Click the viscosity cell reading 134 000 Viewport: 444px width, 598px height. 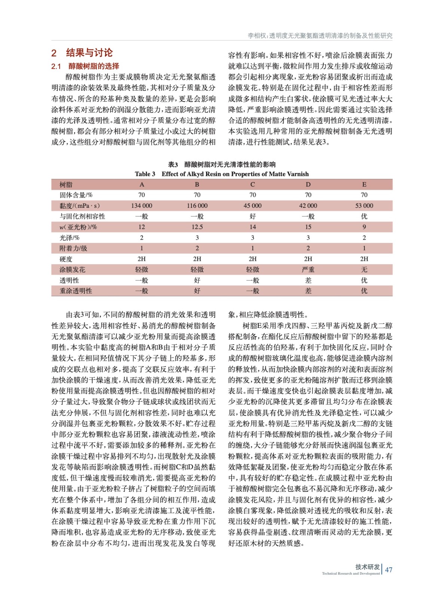click(141, 206)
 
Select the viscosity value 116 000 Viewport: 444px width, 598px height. click(197, 206)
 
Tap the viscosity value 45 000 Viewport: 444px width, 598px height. click(252, 206)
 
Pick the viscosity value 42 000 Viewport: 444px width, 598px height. click(308, 206)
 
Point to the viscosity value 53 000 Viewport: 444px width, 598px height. click(364, 206)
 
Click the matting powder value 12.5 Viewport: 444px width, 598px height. click(197, 227)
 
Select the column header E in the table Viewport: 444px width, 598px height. click(364, 184)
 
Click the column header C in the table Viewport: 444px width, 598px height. click(252, 184)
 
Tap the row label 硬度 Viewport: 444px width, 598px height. click(66, 259)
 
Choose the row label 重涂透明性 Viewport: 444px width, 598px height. click(76, 291)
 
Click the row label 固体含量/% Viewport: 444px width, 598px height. click(76, 195)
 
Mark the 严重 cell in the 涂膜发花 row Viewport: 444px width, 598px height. click(308, 269)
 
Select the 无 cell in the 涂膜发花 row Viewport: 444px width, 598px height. click(364, 269)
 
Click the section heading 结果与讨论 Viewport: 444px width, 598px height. click(89, 53)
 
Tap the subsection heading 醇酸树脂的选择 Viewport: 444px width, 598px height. click(94, 66)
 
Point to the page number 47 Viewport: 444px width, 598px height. click(389, 570)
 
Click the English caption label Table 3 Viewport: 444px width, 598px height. click(145, 174)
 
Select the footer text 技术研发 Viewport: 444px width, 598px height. click(367, 567)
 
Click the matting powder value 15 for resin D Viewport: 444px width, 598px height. click(308, 227)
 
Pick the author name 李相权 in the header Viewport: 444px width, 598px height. click(257, 36)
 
